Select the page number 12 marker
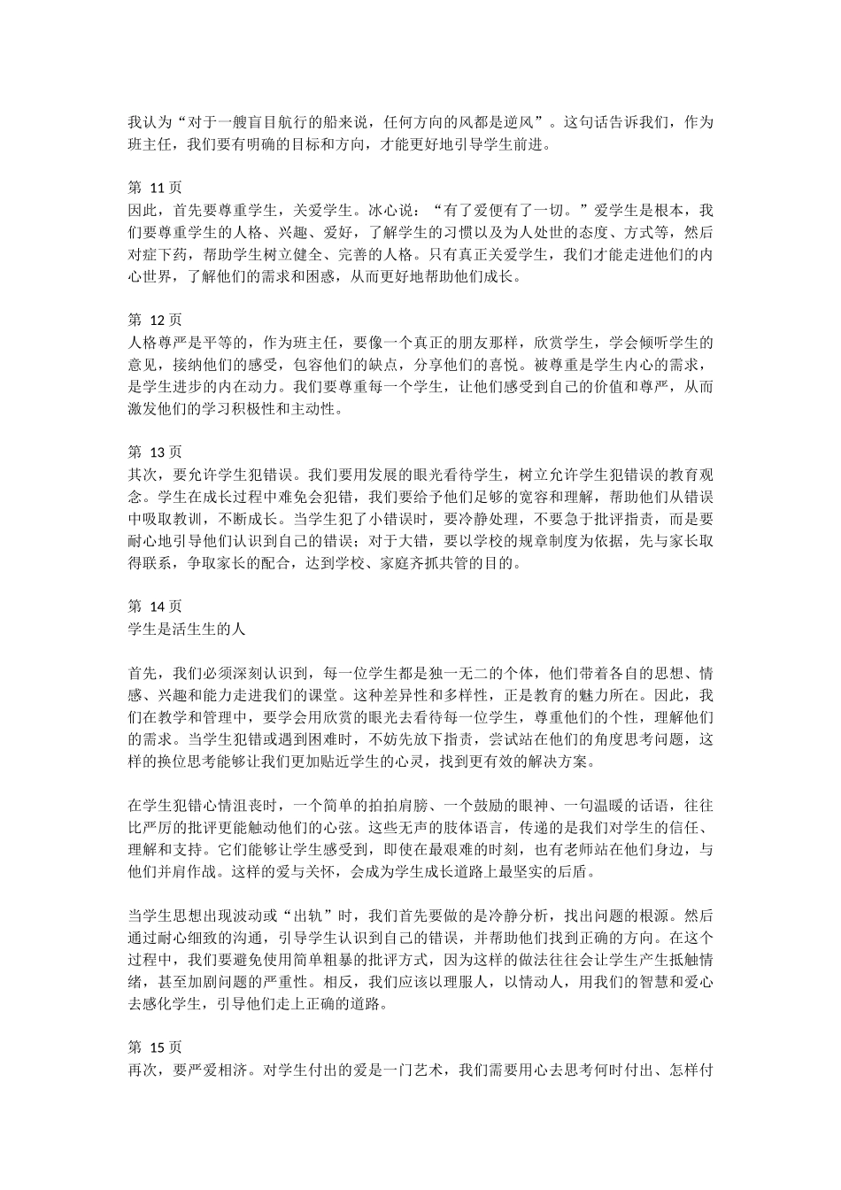[155, 319]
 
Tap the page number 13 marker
[155, 451]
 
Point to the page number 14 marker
[155, 606]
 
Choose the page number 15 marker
[155, 1046]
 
